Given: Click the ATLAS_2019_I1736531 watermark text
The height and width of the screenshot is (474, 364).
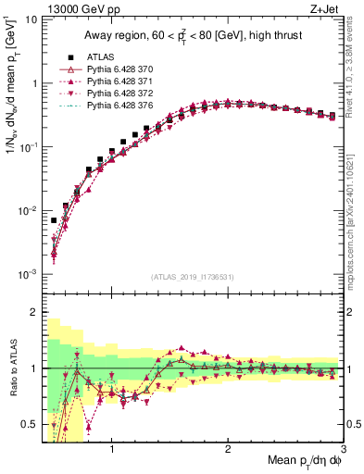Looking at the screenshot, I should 191,277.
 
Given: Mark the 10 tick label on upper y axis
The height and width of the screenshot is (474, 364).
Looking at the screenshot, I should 30,19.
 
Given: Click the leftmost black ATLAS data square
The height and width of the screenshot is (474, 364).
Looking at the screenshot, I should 54,220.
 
